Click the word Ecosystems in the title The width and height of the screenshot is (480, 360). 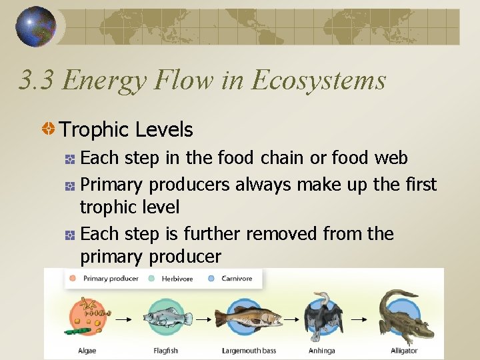point(319,80)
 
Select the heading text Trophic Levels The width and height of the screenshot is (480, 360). point(126,129)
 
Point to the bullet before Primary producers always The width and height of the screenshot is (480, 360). point(70,185)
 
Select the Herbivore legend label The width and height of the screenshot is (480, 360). point(177,279)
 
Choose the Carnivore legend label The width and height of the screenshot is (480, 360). point(237,279)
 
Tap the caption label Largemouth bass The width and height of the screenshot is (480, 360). point(249,351)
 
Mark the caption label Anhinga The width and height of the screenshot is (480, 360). point(322,351)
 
